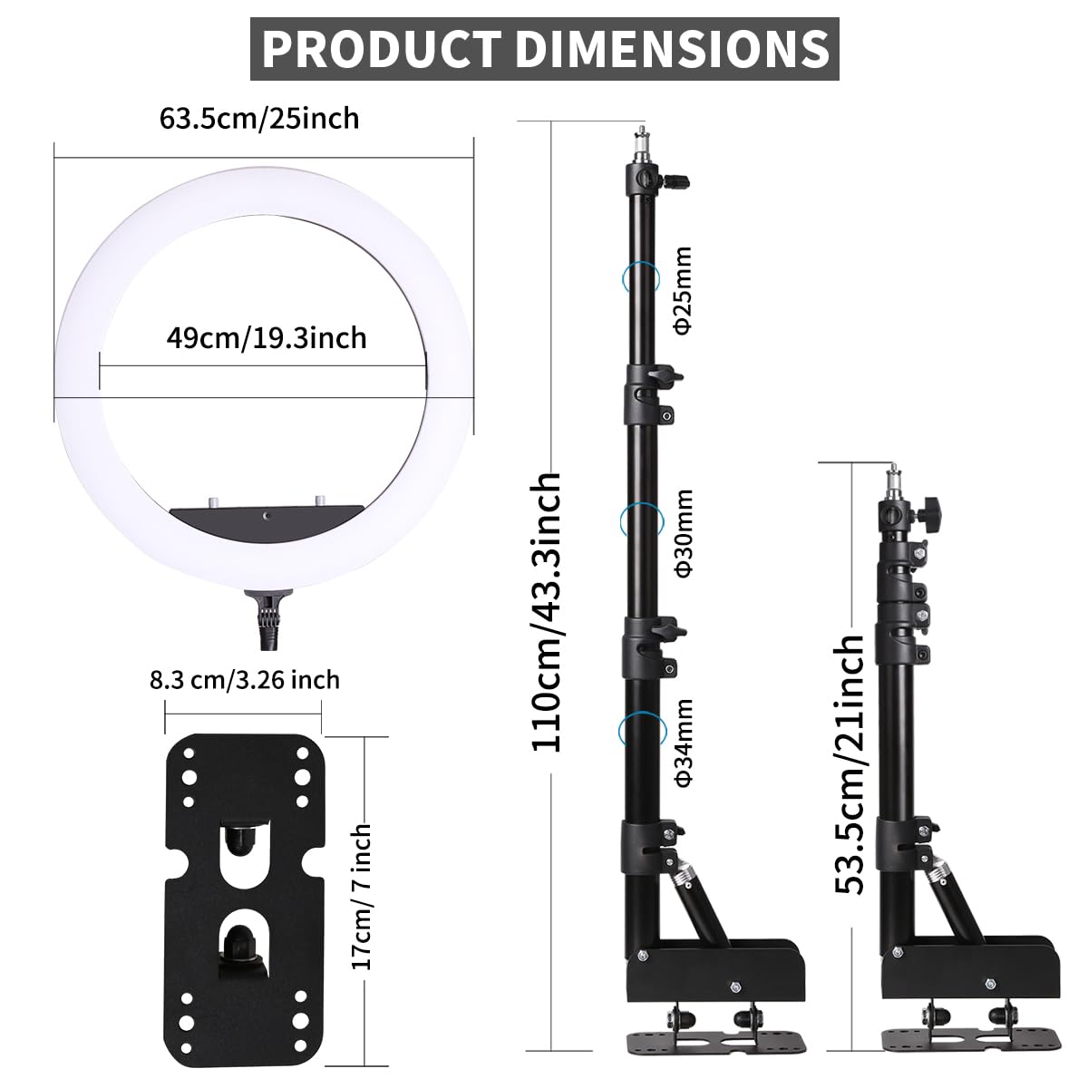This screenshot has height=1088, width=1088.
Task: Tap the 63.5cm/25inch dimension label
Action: pos(259,118)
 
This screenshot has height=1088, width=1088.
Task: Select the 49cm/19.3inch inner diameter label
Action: pos(267,338)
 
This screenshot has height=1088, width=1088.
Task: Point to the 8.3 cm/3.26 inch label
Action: pos(244,679)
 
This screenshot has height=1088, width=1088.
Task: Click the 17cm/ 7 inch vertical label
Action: pos(361,896)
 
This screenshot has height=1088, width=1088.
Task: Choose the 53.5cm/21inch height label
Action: pos(850,763)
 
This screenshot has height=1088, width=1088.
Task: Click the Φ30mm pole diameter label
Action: pos(684,532)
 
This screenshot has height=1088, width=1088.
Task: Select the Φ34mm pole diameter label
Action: pos(684,743)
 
